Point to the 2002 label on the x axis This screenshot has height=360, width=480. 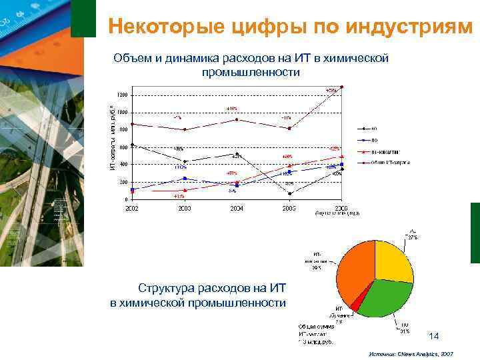133,208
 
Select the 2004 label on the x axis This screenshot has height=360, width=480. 237,208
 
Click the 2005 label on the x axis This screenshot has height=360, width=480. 289,208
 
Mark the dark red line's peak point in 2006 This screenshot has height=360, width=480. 342,87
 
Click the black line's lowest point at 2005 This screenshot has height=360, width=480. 289,193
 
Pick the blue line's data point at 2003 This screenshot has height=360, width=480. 185,178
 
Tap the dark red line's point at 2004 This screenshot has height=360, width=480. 237,119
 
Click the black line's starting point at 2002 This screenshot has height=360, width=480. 133,145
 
